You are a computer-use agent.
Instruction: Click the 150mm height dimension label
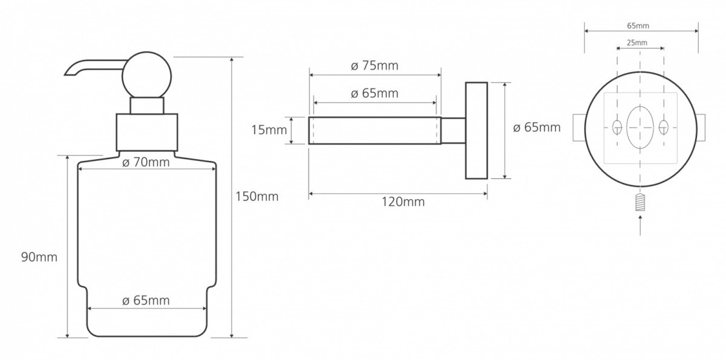coord(257,197)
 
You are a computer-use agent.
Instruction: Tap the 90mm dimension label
coord(39,257)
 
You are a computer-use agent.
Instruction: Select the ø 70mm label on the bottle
coord(146,162)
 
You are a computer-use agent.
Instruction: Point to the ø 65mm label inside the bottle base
coord(146,300)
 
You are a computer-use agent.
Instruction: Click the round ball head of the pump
coord(147,76)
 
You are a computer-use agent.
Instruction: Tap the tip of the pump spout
coord(65,75)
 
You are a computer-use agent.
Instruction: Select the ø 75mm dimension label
coord(374,66)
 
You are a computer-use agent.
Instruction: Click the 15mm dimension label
coord(269,130)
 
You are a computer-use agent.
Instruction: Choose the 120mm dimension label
coord(403,202)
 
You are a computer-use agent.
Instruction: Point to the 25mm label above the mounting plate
coord(637,43)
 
